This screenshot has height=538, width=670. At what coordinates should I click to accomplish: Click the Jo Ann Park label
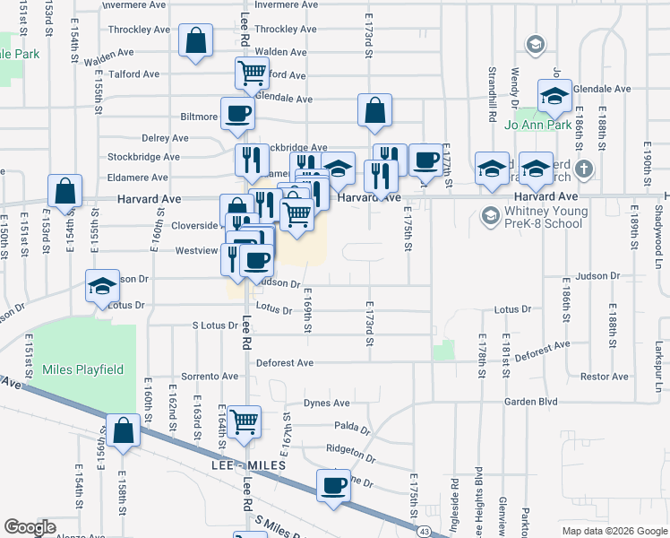pos(537,125)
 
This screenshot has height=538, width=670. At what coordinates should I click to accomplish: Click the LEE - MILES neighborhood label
pos(248,466)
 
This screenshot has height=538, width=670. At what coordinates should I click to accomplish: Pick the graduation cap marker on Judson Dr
pos(103,288)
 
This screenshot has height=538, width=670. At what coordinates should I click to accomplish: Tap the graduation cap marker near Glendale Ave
pos(554,97)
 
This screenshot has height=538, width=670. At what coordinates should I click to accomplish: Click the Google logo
pos(30,527)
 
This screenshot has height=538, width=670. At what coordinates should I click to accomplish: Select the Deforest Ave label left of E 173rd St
pos(285,363)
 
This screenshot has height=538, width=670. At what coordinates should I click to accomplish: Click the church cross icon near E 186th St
pos(583,169)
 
